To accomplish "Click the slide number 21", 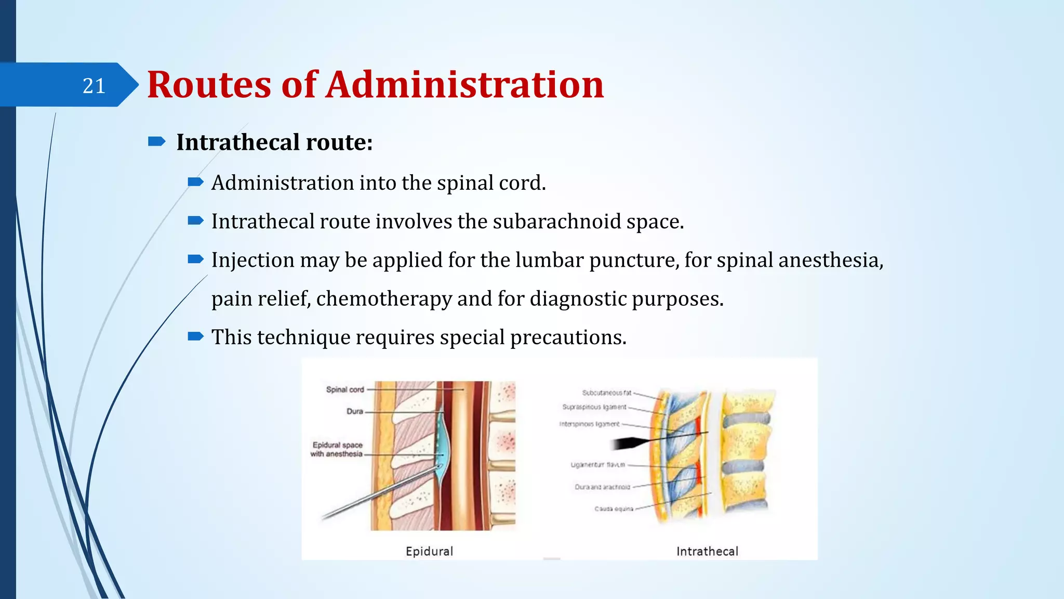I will click(94, 86).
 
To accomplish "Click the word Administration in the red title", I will click(464, 85).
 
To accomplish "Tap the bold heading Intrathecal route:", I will click(274, 142).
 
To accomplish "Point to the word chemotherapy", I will click(384, 298).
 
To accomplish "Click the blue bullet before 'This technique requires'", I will click(195, 336).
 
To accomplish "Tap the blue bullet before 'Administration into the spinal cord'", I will click(195, 182).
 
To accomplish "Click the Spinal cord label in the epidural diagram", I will click(345, 389).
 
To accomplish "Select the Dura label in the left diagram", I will click(355, 411).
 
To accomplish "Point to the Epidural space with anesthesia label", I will click(337, 449).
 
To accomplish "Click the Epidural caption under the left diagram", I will click(429, 551).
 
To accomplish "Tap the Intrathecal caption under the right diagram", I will click(707, 551).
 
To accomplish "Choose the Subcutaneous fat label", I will click(606, 393).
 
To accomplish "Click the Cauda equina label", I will click(614, 509).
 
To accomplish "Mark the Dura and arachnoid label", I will click(602, 487).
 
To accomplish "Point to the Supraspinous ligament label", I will click(594, 407).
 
